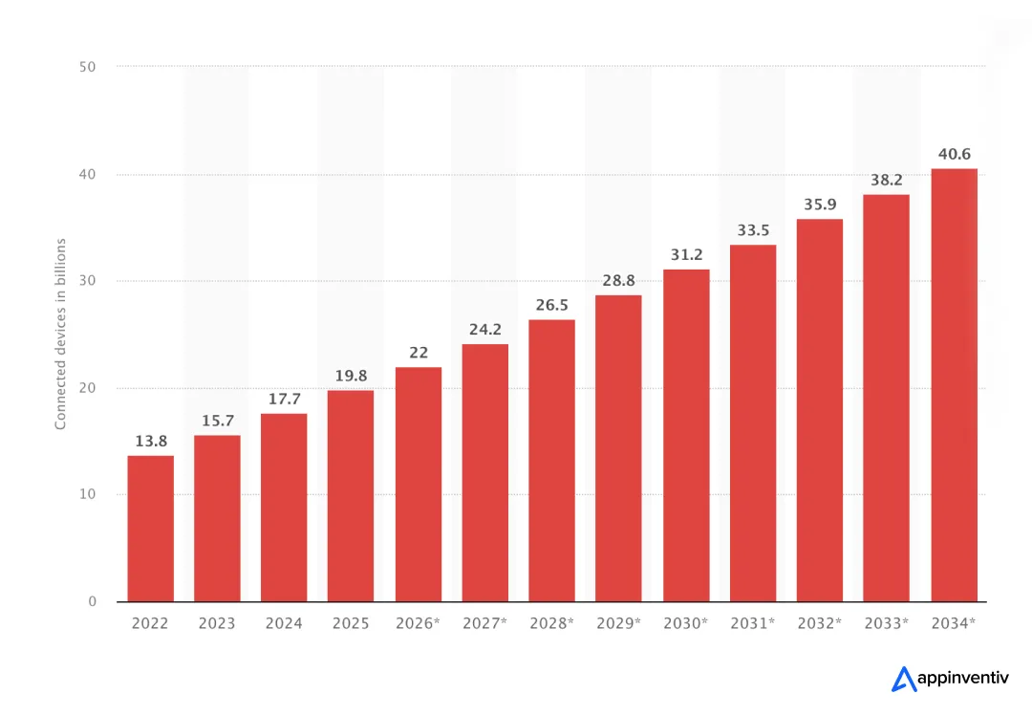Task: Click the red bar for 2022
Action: (x=150, y=529)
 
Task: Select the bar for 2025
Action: (x=351, y=496)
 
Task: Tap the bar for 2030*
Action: (x=686, y=436)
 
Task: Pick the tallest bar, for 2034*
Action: (x=954, y=385)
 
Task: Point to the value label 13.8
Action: (x=150, y=441)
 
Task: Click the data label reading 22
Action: (x=419, y=353)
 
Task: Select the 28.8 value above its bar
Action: (x=618, y=280)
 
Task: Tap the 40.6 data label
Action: (x=954, y=154)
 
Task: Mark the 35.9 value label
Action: (x=820, y=205)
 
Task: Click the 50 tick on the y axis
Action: (x=89, y=67)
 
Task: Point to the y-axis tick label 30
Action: (x=89, y=281)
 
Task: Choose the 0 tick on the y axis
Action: (x=93, y=601)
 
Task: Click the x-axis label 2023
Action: (x=217, y=623)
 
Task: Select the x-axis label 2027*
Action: (x=484, y=623)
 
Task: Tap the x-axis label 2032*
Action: (x=820, y=623)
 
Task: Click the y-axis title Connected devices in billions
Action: (x=60, y=334)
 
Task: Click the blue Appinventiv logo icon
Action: (x=903, y=679)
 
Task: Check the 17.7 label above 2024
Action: (x=284, y=399)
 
